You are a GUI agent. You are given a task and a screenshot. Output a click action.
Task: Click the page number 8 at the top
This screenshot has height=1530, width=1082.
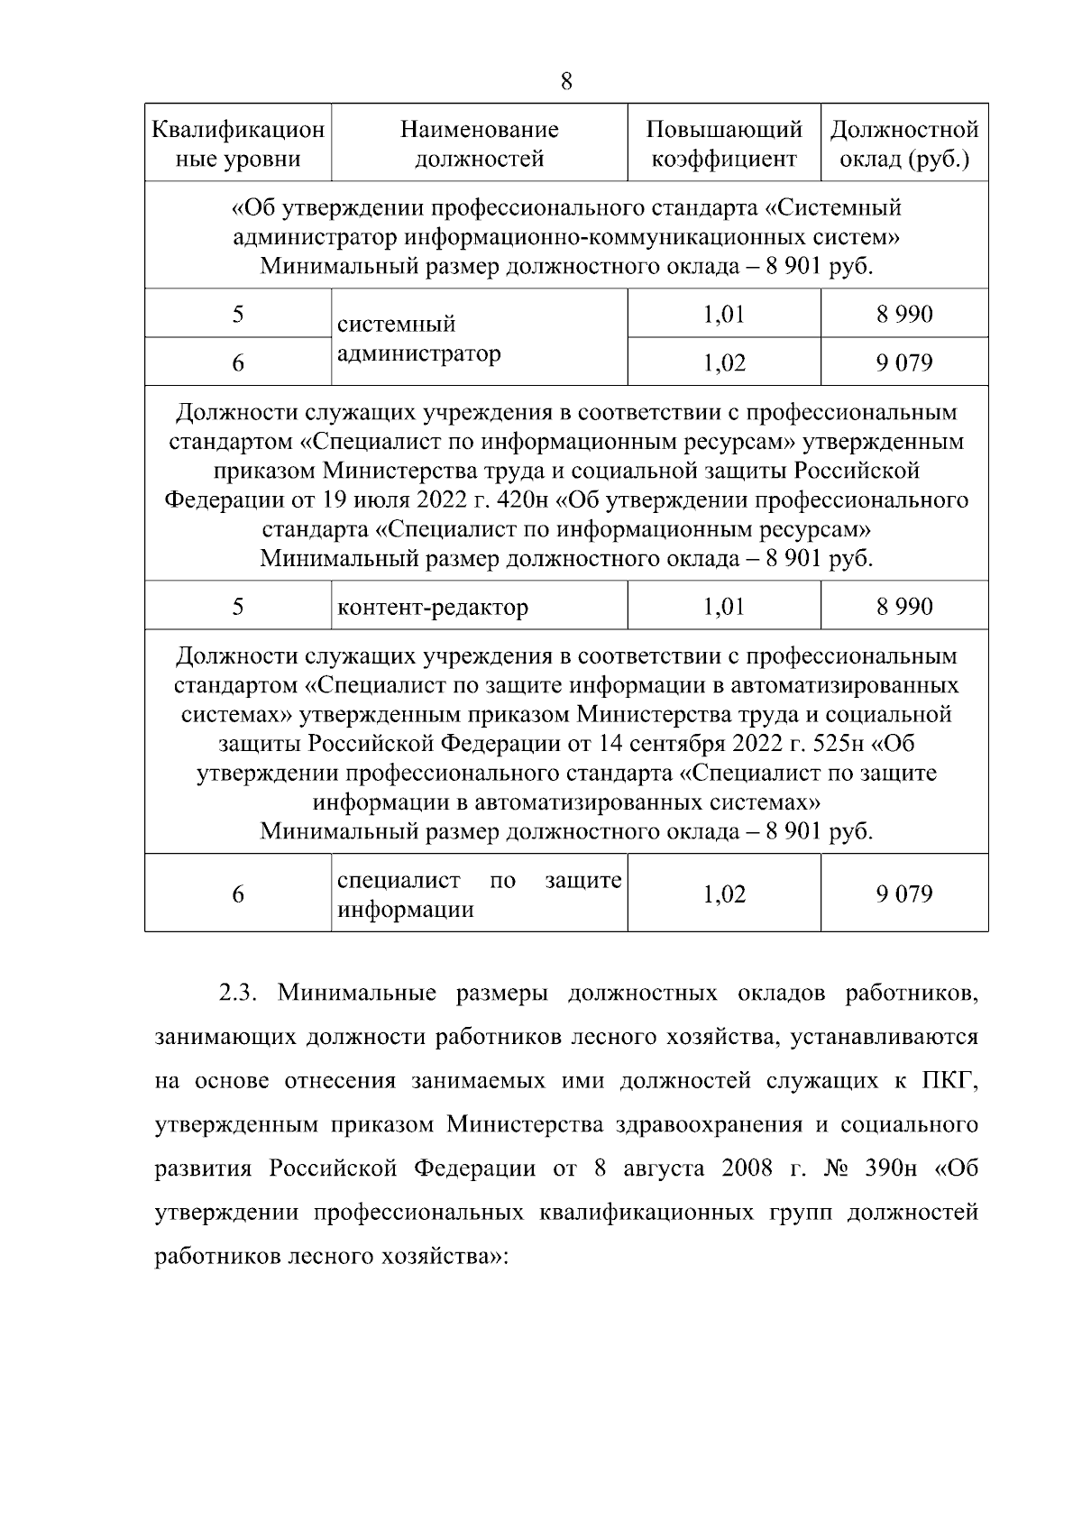click(x=566, y=82)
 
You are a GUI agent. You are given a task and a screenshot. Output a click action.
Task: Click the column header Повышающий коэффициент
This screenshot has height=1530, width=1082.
click(x=724, y=144)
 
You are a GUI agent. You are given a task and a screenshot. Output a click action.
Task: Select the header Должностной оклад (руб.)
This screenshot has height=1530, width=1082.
click(x=904, y=144)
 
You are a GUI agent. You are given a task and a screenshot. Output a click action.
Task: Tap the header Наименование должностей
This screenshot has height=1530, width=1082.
click(x=479, y=144)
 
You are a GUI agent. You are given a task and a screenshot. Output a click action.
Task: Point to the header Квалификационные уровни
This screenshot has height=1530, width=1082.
click(x=238, y=144)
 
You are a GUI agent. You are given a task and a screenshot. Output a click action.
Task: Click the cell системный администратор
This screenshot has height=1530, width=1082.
click(x=418, y=338)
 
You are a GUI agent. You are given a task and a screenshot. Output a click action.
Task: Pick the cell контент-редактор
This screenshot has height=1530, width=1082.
click(x=433, y=607)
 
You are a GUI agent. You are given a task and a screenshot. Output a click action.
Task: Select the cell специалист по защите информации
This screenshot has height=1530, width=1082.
click(x=479, y=894)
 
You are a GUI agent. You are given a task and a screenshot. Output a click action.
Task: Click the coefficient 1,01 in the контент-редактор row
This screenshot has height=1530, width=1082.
click(x=724, y=606)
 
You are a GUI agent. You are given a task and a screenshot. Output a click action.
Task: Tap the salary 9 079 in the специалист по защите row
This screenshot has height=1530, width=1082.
click(x=904, y=894)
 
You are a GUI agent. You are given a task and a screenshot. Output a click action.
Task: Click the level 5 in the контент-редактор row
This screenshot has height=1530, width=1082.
click(x=238, y=606)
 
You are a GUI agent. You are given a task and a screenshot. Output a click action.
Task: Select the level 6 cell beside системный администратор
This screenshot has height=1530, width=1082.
click(x=238, y=362)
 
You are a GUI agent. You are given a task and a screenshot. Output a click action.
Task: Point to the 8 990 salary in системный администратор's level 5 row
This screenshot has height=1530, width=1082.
click(x=904, y=315)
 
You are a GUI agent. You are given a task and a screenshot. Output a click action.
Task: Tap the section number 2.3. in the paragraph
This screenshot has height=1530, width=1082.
click(x=239, y=994)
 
